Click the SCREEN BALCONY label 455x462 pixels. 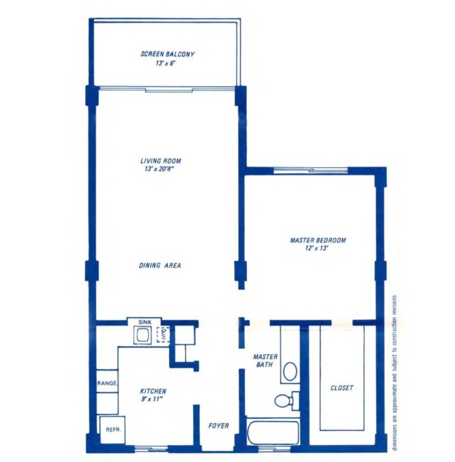point(167,54)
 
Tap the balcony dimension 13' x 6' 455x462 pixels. point(167,63)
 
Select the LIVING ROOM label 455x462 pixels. point(160,161)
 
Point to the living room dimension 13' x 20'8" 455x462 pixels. point(160,169)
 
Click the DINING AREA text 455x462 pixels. point(160,265)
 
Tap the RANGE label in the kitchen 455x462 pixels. point(108,383)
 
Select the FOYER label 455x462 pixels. point(218,426)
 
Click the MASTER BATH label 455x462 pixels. point(264,361)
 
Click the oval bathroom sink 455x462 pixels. point(289,371)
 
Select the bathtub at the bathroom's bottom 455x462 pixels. point(273,432)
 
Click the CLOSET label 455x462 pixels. point(342,388)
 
